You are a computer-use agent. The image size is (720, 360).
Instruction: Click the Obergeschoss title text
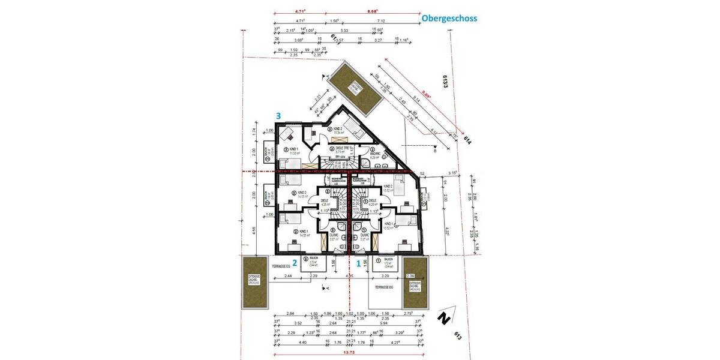(449, 18)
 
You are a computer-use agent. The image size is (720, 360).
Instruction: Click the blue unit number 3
(278, 115)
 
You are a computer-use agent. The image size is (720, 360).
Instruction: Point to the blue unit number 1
(359, 262)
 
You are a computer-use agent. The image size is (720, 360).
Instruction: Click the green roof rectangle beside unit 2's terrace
(254, 283)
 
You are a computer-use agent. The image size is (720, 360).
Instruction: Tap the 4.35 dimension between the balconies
(350, 275)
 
